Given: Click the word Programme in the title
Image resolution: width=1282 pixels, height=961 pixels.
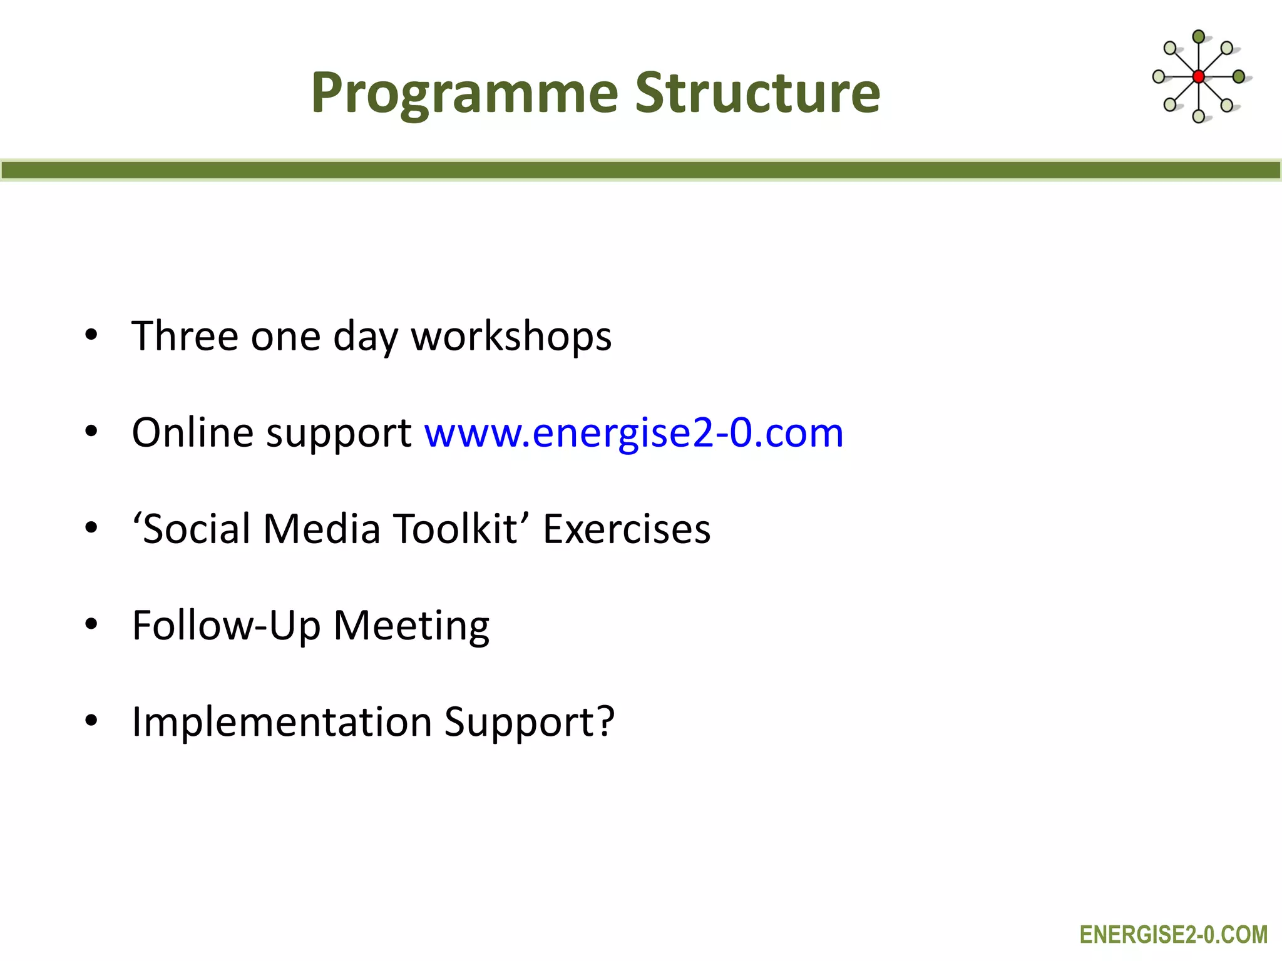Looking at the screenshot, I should click(464, 94).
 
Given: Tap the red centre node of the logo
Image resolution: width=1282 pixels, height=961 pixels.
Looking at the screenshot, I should click(1198, 77).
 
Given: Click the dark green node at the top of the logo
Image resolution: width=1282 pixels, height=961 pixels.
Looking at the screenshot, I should click(1198, 37).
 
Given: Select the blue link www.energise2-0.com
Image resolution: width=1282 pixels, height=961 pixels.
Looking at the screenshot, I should click(633, 433).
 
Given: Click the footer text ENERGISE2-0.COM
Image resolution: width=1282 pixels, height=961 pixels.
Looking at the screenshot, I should click(1173, 935).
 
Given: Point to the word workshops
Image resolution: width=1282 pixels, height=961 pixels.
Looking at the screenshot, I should click(511, 337).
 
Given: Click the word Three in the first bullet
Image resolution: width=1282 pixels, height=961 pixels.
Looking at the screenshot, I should click(185, 337).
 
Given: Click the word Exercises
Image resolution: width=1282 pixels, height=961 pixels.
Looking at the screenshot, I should click(626, 529).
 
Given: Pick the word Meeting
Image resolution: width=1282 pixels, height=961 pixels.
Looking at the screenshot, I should click(411, 626).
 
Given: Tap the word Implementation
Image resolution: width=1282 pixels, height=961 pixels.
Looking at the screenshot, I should click(282, 722).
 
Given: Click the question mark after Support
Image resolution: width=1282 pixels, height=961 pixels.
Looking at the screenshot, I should click(605, 721).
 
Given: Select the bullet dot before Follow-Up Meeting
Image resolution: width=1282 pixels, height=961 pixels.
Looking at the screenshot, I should click(91, 624).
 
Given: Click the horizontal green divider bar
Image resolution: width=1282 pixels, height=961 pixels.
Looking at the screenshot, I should click(641, 170).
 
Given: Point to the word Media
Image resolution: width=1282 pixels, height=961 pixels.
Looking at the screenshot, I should click(322, 529).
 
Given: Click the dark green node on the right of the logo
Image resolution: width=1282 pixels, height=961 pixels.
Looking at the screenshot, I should click(1238, 77).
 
